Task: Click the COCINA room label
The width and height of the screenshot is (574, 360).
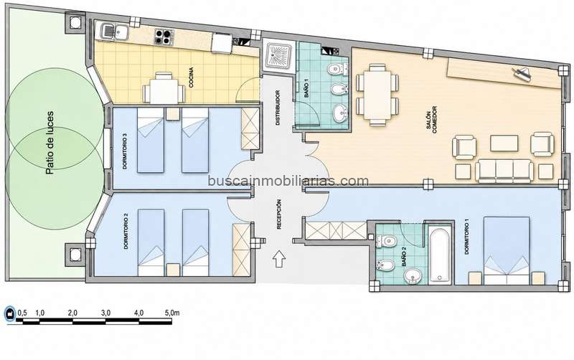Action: [x=191, y=77]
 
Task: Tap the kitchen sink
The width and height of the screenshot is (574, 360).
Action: [x=114, y=32]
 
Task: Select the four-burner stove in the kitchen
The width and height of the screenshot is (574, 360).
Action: [x=164, y=36]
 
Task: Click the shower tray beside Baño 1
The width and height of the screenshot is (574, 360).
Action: [x=279, y=56]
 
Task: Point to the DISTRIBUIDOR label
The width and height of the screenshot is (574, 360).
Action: [x=278, y=108]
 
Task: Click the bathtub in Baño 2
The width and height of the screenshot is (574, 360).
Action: [x=439, y=255]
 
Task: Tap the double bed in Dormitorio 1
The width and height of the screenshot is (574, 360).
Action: [x=507, y=250]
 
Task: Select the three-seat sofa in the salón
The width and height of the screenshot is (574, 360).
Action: [x=504, y=171]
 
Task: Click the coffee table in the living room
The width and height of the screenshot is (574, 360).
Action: [x=504, y=143]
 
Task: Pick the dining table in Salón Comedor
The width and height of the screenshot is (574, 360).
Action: [x=377, y=95]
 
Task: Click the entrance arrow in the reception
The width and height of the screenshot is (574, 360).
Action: [x=279, y=259]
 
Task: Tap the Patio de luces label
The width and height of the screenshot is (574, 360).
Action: [x=49, y=143]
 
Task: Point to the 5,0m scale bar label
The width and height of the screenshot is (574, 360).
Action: [x=172, y=313]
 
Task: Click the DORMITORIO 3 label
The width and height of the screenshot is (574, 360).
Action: [x=125, y=151]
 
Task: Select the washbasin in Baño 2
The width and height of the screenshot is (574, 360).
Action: [x=413, y=275]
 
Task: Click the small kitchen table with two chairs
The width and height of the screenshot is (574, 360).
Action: [x=164, y=89]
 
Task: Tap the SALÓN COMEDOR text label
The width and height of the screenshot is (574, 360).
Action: [x=431, y=120]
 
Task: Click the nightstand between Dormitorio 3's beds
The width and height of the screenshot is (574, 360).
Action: [x=172, y=114]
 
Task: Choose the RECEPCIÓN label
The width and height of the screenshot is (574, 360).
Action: [x=279, y=214]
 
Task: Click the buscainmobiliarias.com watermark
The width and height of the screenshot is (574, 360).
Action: [x=288, y=181]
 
